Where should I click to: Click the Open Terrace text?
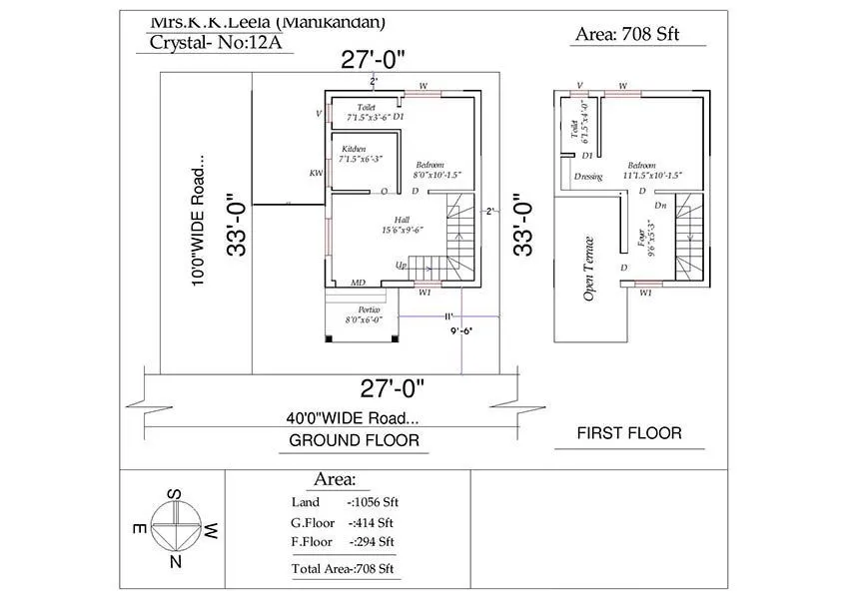click(588, 269)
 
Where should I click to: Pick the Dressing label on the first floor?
click(588, 177)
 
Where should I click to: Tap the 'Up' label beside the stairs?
click(401, 266)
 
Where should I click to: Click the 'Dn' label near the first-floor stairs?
click(660, 205)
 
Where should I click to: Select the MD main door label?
click(358, 284)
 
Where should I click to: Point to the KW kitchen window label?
click(316, 173)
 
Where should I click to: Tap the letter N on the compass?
click(176, 563)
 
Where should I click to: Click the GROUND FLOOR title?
click(354, 440)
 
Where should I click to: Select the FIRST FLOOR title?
click(629, 433)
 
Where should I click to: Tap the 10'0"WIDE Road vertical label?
click(200, 221)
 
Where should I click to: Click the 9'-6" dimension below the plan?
click(460, 330)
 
